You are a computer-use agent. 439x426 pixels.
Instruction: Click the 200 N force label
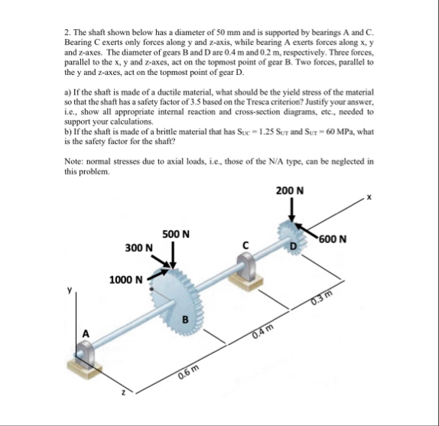tap(290, 191)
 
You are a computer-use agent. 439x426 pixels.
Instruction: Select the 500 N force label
tap(176, 234)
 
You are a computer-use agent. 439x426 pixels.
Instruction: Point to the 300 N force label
tap(139, 248)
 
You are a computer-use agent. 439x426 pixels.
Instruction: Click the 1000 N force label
tap(126, 280)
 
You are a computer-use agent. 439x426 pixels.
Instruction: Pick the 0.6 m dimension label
tap(189, 372)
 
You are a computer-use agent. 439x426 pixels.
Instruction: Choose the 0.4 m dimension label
tap(262, 332)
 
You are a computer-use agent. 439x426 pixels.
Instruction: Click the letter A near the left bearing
tap(86, 333)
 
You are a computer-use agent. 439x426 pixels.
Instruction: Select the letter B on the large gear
tap(185, 320)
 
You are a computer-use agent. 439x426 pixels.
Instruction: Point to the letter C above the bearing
tap(246, 246)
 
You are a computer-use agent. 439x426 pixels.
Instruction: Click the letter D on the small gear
tap(293, 246)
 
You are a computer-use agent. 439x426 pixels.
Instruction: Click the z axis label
tap(122, 393)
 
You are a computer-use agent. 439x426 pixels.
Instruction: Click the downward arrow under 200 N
tap(292, 210)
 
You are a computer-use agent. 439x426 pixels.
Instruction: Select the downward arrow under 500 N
tap(174, 255)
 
